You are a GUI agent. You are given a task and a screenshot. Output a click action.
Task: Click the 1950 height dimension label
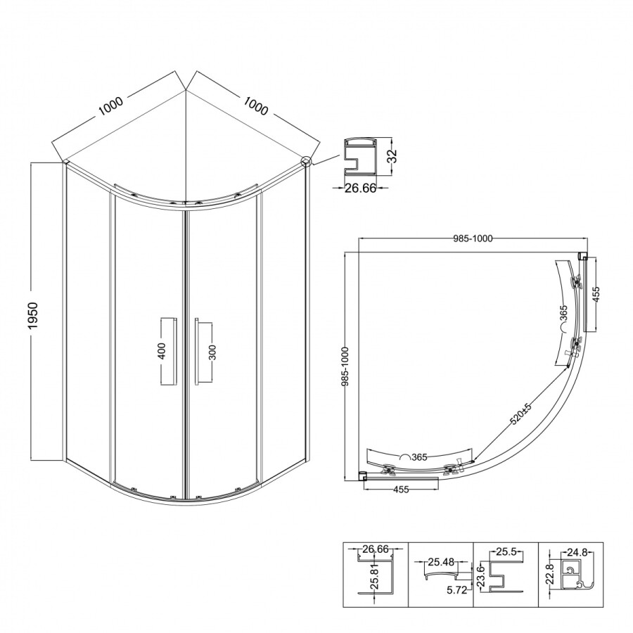pos(32,315)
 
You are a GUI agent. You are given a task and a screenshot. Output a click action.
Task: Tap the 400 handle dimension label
pos(162,350)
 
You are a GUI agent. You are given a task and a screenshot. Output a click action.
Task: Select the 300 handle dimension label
pos(212,352)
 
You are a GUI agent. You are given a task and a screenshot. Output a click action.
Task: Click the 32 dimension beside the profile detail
pos(392,155)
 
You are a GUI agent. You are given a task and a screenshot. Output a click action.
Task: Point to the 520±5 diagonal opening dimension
pos(520,414)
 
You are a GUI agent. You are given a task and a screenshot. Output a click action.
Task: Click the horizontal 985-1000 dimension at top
pos(473,238)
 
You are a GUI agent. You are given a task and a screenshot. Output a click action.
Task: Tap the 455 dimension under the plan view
pos(401,490)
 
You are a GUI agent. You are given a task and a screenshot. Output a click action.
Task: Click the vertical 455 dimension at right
pos(596,294)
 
